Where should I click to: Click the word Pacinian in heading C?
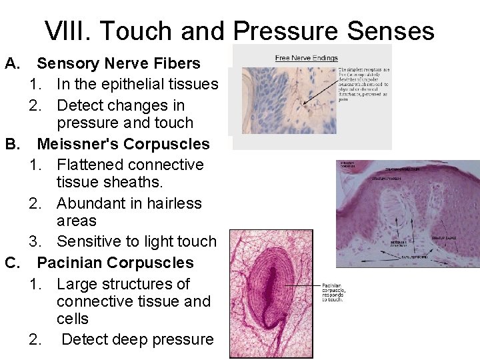tap(69, 263)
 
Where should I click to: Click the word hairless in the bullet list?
tap(171, 203)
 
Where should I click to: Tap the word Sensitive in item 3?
tap(87, 241)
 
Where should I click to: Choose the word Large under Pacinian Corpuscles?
tap(77, 284)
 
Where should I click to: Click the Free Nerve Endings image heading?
tap(306, 58)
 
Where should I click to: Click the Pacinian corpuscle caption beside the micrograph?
tap(334, 291)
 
